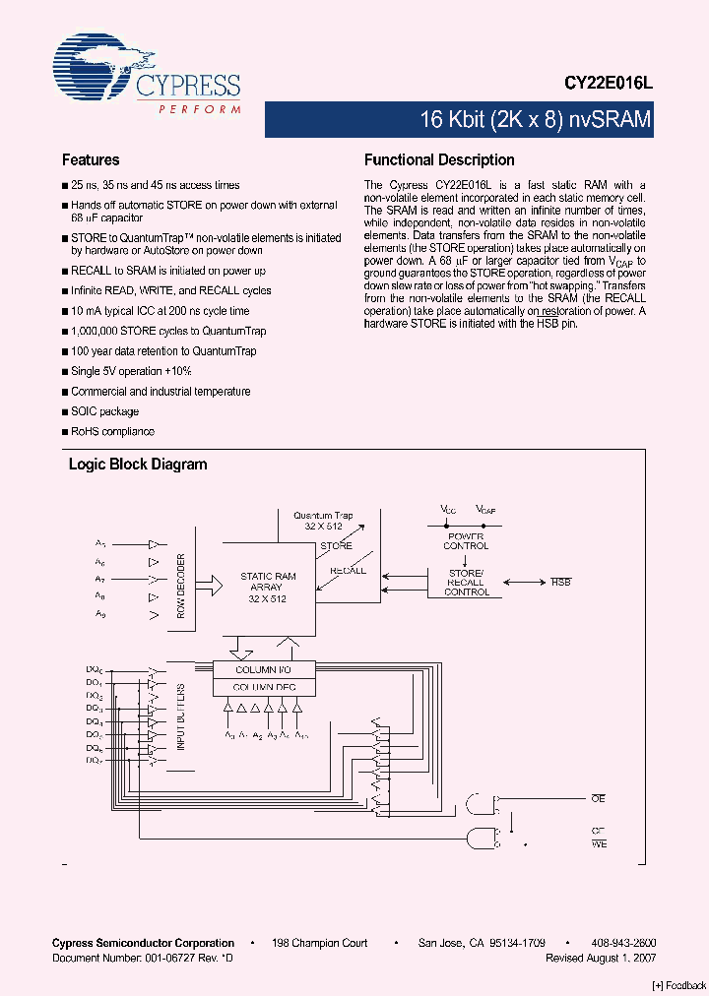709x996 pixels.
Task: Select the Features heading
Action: click(x=91, y=160)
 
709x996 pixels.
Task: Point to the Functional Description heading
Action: click(x=439, y=160)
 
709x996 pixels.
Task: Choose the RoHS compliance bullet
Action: click(x=112, y=431)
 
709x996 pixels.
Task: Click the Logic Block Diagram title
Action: click(x=137, y=465)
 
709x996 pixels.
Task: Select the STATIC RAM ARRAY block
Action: click(x=268, y=588)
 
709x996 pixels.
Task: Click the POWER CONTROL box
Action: click(x=466, y=540)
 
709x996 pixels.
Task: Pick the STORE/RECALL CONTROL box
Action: click(x=466, y=582)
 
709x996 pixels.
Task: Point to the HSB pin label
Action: click(x=561, y=583)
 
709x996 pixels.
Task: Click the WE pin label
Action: click(x=598, y=844)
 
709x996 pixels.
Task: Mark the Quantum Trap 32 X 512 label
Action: click(x=322, y=521)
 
